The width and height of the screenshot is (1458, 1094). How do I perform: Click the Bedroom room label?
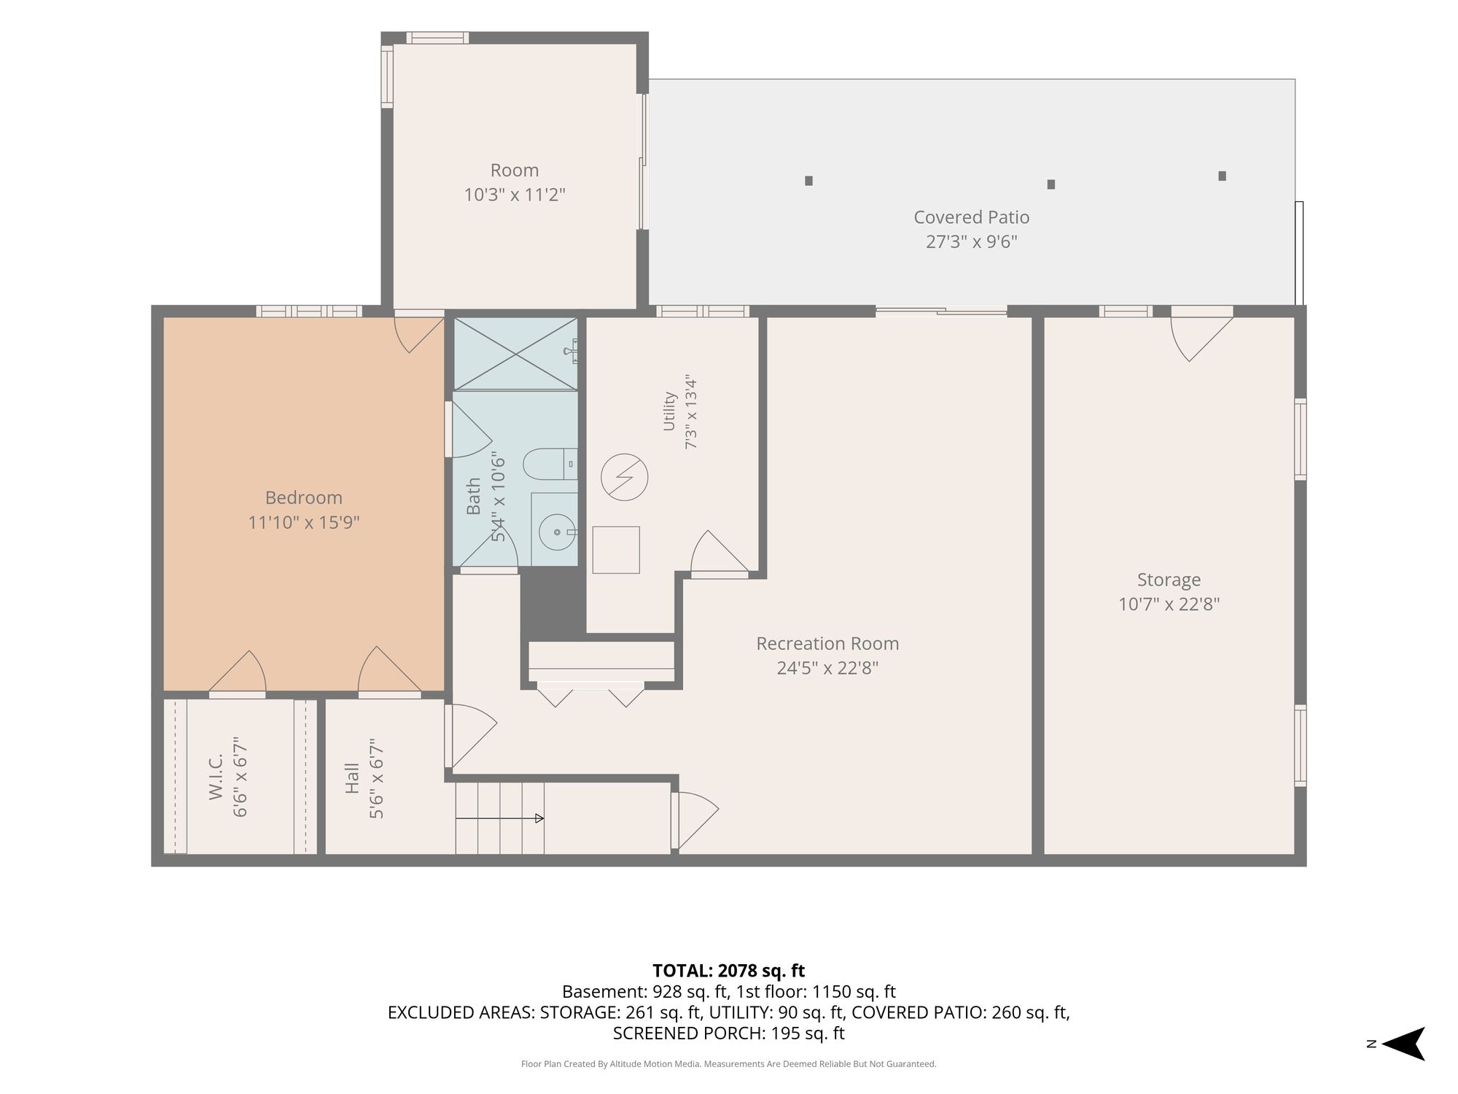pos(303,497)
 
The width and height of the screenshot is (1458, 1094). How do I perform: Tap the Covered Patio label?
pos(971,217)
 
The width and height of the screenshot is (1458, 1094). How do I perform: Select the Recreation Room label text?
pos(827,643)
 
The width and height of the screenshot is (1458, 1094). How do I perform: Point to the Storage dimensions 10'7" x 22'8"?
pos(1169,604)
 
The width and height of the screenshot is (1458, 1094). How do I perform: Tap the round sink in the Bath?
pos(557,532)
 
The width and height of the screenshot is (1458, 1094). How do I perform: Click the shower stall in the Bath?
pos(515,354)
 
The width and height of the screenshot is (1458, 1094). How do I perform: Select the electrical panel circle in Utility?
pos(624,478)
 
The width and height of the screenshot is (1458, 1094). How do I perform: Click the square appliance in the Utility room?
pos(616,550)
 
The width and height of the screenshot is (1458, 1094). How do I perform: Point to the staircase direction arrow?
pos(499,818)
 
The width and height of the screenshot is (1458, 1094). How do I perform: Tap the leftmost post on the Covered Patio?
pos(808,181)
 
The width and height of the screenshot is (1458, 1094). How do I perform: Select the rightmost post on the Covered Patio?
pos(1222,176)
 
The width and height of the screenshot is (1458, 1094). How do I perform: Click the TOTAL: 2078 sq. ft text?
pos(728,971)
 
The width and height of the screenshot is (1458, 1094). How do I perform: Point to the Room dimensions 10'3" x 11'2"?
pos(515,195)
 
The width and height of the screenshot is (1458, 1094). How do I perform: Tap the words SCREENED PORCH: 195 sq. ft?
pos(728,1033)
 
